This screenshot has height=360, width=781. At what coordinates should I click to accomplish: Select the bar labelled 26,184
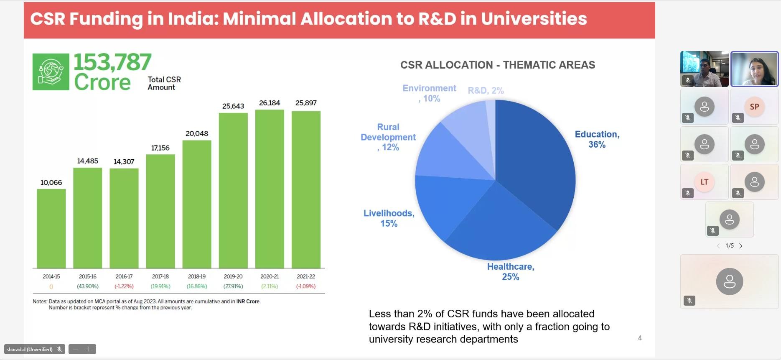tap(270, 188)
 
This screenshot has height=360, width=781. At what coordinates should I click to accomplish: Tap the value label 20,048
tap(197, 133)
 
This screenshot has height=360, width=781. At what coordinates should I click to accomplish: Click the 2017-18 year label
tap(160, 276)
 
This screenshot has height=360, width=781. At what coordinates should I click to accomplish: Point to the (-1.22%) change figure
tap(124, 286)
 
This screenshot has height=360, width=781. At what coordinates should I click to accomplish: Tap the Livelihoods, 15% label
tap(389, 218)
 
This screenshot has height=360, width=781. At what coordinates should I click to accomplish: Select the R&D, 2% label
tap(486, 90)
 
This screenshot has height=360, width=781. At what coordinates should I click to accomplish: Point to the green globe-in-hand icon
tap(51, 72)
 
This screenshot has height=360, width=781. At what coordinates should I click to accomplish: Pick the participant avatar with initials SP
tap(754, 107)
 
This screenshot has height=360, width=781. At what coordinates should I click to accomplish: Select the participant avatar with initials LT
tap(704, 182)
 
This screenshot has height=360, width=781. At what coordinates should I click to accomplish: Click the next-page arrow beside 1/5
tap(741, 246)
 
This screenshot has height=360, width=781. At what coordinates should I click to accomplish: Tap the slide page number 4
tap(640, 338)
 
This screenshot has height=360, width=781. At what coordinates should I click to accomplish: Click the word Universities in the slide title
tap(534, 19)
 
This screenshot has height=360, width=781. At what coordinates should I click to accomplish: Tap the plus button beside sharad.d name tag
tap(89, 349)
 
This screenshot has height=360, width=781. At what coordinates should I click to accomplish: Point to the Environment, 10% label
tap(429, 93)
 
